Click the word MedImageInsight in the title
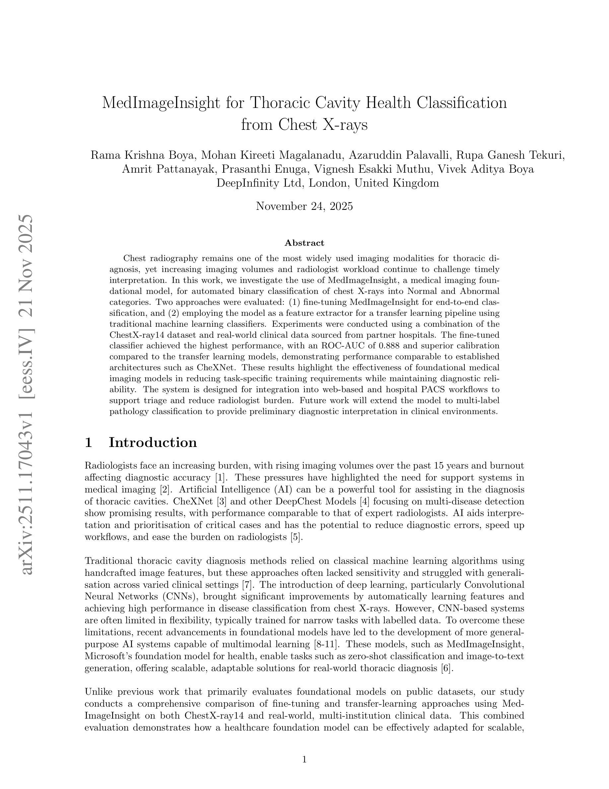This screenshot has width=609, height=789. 161,103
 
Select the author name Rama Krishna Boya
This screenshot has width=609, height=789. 143,155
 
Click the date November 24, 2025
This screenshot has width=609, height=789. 304,206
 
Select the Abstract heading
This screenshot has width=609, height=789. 304,243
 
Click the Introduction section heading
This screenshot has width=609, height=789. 153,443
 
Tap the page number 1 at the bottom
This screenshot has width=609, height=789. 304,760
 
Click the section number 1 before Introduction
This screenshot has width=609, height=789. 88,443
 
